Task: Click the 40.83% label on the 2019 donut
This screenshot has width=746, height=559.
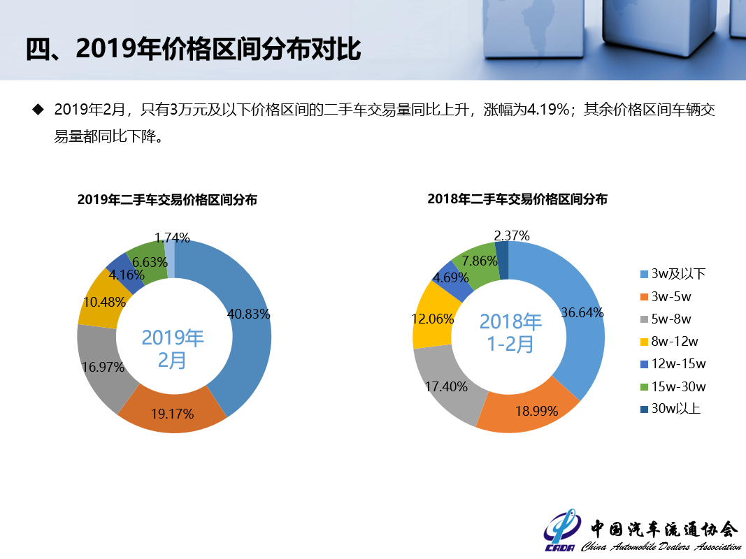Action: point(248,314)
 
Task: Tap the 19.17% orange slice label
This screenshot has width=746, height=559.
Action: point(172,414)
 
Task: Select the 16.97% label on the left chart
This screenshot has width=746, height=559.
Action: point(103,367)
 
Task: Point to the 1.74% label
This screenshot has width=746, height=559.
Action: point(172,238)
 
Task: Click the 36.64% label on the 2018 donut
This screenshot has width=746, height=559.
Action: point(582,312)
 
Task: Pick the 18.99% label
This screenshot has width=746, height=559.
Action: point(536,411)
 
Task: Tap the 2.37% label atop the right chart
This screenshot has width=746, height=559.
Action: point(511,235)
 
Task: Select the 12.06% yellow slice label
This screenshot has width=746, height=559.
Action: point(433,319)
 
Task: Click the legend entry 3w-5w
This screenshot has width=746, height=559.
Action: point(670,297)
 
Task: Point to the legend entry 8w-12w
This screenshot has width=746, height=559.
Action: point(674,342)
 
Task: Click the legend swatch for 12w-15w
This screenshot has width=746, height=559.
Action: point(644,365)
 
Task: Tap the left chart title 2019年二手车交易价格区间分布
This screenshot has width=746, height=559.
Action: point(167,200)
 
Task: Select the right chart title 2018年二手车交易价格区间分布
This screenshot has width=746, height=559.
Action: point(517,199)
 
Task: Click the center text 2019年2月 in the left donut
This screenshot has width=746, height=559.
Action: point(173,349)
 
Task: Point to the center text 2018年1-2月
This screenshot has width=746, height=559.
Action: point(510,332)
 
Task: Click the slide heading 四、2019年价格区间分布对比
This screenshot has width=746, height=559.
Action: point(193,50)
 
